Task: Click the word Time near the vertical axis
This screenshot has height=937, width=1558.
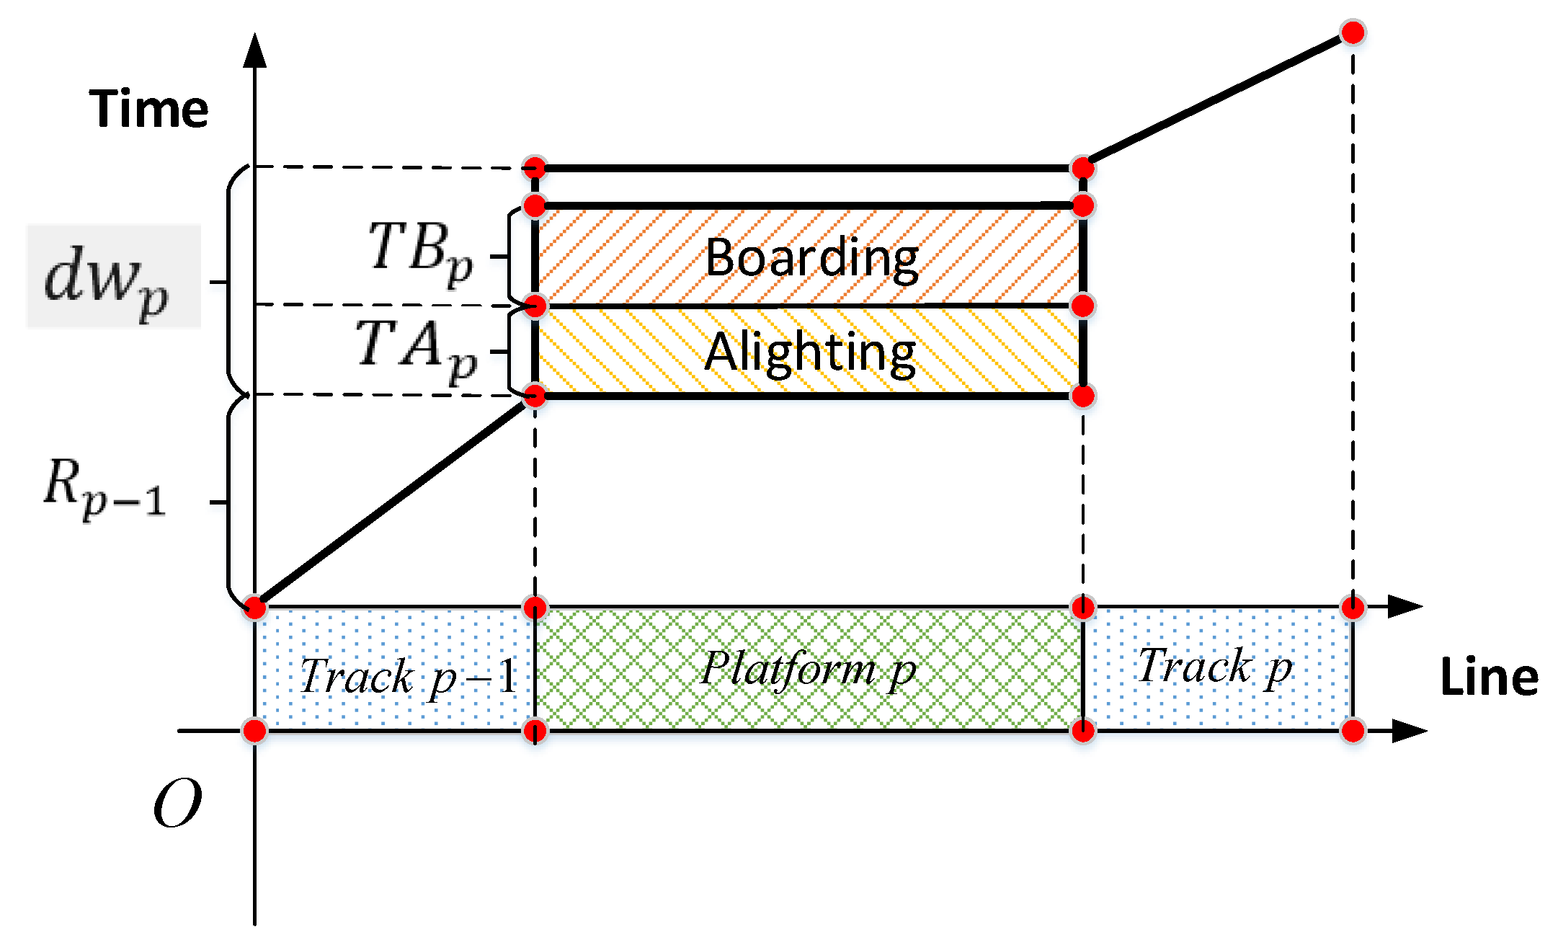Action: coord(148,109)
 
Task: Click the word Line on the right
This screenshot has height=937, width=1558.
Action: coord(1489,678)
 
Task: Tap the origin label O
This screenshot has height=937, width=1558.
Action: coord(177,804)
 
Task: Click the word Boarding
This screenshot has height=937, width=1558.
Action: coord(811,257)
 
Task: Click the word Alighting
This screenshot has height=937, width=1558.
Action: coord(810,352)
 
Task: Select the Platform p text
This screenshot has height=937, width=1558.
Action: coord(809,669)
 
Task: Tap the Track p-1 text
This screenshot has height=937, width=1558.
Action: coord(409,677)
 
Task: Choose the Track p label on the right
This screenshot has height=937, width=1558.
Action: coord(1215,666)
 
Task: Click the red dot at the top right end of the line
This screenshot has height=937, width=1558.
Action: coord(1353,32)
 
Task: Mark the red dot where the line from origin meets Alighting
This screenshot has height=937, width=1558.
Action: coord(535,396)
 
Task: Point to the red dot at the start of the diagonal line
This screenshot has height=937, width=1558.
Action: coord(255,607)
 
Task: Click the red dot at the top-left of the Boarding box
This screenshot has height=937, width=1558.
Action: coord(535,206)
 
